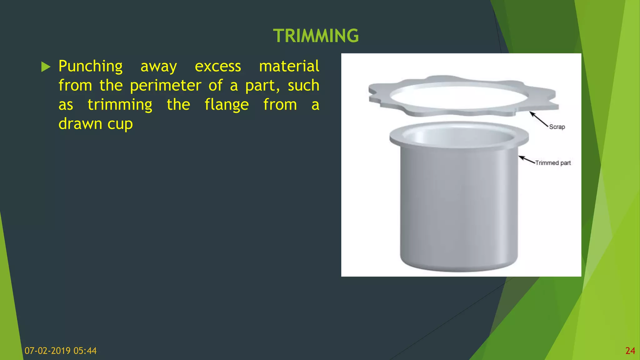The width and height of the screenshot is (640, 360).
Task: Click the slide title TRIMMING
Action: coord(316,36)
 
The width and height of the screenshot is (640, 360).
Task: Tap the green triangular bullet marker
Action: coord(46,67)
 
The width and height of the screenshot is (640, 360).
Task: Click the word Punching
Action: coord(91,67)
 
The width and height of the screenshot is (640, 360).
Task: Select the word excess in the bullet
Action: coord(218,67)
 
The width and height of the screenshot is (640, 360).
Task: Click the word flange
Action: coord(227,105)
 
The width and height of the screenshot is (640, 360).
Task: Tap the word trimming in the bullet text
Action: coord(120,105)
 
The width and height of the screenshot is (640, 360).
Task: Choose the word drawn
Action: coord(80,124)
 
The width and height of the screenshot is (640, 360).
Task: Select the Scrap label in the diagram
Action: coord(557,127)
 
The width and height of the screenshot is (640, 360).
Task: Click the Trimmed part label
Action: coord(553,163)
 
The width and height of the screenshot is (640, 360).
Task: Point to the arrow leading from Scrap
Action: coord(539,119)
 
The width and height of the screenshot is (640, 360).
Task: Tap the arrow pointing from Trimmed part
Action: coord(527,160)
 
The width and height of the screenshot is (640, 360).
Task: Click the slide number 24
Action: coord(630,351)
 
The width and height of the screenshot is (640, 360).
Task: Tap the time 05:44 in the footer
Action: coord(85,351)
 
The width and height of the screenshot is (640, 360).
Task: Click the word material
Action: coord(289,67)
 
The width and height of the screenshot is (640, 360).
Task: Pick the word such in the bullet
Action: coord(303,86)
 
